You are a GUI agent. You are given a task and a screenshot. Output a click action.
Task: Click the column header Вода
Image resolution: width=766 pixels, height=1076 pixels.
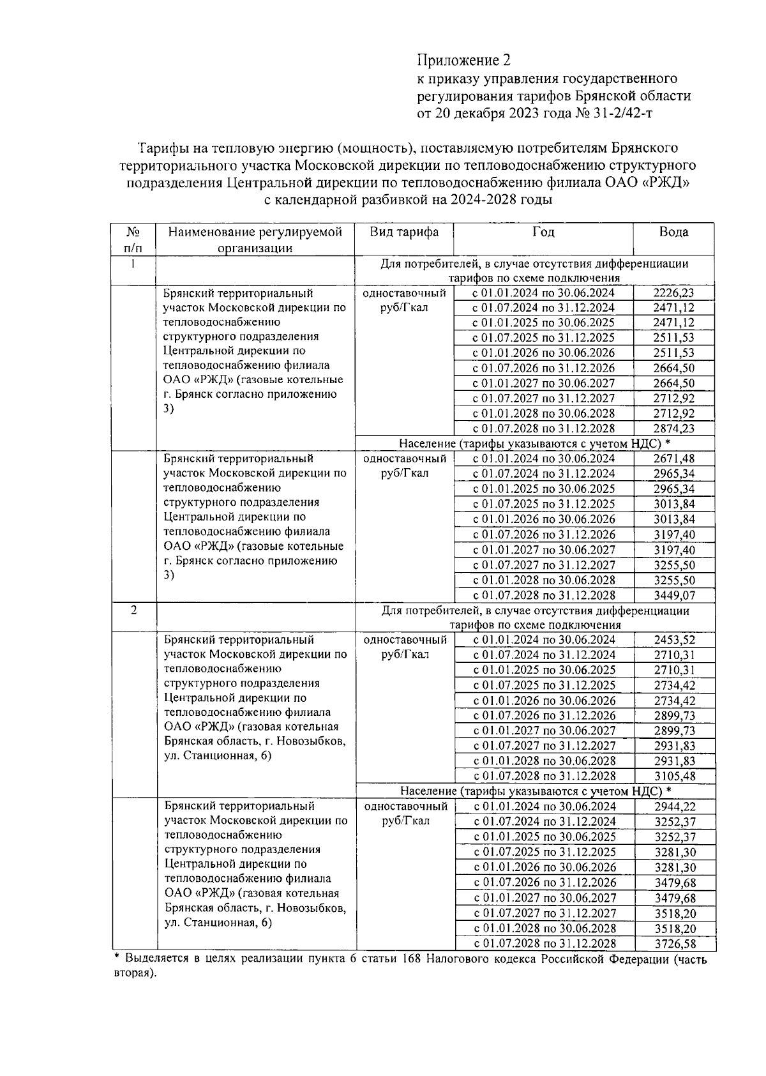673,232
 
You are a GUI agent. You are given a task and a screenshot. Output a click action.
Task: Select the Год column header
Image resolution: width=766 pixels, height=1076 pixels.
543,232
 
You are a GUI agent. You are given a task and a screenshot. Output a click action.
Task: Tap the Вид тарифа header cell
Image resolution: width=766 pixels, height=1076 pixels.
404,232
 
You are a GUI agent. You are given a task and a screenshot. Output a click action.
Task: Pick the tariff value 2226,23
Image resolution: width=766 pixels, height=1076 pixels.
674,293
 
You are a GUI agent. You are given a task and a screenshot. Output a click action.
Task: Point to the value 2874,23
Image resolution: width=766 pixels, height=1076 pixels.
674,429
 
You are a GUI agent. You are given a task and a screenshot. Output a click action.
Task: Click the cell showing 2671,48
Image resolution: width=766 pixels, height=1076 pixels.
674,458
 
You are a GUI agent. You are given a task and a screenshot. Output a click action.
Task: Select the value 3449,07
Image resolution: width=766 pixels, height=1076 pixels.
674,595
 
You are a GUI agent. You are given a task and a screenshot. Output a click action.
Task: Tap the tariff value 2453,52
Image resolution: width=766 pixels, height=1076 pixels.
675,640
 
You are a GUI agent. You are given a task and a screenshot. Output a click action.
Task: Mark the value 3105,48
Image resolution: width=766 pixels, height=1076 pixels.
675,777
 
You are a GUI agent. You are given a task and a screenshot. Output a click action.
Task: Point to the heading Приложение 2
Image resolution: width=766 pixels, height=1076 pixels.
464,61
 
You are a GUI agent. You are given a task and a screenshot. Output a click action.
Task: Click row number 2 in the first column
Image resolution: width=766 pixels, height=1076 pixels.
133,610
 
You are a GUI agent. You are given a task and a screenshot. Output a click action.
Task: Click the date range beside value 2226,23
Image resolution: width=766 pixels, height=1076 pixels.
543,293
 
